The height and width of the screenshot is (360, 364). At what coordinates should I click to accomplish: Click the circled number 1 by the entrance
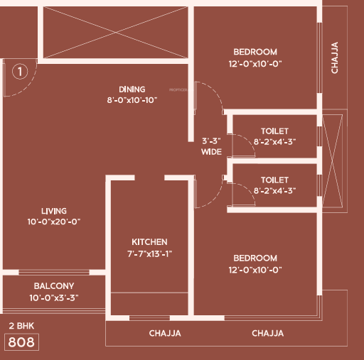pos(20,71)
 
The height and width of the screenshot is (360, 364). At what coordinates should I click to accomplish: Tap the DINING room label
pos(132,89)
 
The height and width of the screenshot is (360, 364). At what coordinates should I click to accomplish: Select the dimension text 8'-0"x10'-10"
pos(132,100)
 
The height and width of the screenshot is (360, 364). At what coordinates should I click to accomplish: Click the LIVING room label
pos(54,211)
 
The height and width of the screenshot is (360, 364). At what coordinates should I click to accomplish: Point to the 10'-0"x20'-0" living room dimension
pos(54,222)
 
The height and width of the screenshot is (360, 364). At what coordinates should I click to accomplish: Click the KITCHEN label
pos(149,242)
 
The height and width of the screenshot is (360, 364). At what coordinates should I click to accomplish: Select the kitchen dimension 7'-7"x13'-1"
pos(149,254)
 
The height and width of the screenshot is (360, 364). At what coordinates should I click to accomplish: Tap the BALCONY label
pos(54,286)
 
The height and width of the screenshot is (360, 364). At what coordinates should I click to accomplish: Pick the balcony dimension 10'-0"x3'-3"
pos(54,298)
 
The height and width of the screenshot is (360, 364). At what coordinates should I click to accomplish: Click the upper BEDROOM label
pos(255,52)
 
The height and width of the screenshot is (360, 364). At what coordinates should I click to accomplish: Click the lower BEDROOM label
pos(255,258)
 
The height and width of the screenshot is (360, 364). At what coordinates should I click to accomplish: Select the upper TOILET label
pos(274,131)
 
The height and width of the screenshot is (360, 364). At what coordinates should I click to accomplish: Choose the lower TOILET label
pos(274,180)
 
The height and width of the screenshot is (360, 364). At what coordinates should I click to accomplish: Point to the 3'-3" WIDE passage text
pos(211,146)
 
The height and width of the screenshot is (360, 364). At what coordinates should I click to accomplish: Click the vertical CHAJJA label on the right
pos(334,58)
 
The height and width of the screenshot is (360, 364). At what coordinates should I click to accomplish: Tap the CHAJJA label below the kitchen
pos(165,333)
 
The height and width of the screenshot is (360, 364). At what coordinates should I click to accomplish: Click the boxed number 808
pos(21,342)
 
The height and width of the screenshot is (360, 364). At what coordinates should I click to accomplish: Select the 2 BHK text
pos(21,326)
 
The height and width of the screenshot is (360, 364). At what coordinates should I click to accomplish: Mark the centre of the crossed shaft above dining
pos(115,32)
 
